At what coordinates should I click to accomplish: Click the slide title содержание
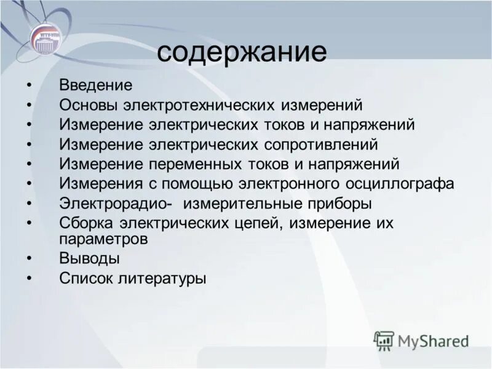tap(241, 53)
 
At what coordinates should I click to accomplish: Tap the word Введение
tap(96, 85)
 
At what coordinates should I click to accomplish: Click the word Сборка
tap(87, 223)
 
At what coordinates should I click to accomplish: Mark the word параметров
tap(103, 239)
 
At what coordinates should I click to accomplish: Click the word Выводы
tap(90, 258)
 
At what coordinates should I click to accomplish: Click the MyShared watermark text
tap(433, 341)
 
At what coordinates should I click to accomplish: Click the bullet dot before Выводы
tap(29, 258)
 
